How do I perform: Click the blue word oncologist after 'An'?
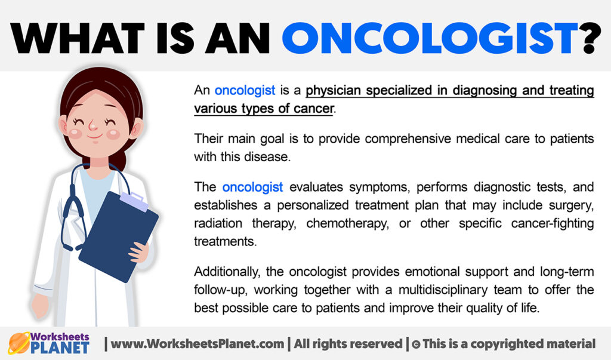(x=245, y=91)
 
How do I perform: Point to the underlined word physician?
(x=334, y=91)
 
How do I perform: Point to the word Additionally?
(x=224, y=272)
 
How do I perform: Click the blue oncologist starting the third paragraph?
(x=253, y=187)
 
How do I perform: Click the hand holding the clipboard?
(x=139, y=251)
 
